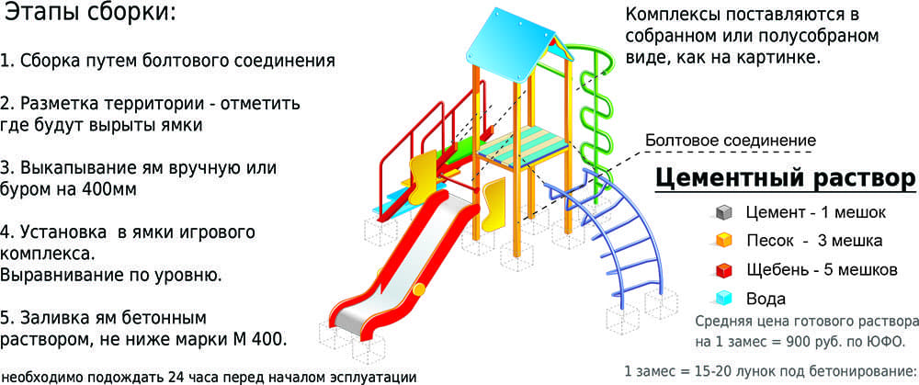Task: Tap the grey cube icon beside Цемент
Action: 723,212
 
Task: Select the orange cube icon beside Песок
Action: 723,241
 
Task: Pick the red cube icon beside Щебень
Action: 723,270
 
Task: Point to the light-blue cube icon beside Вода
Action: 723,299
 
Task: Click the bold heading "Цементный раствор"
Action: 784,178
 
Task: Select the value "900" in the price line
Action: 814,342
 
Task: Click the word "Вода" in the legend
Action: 766,300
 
